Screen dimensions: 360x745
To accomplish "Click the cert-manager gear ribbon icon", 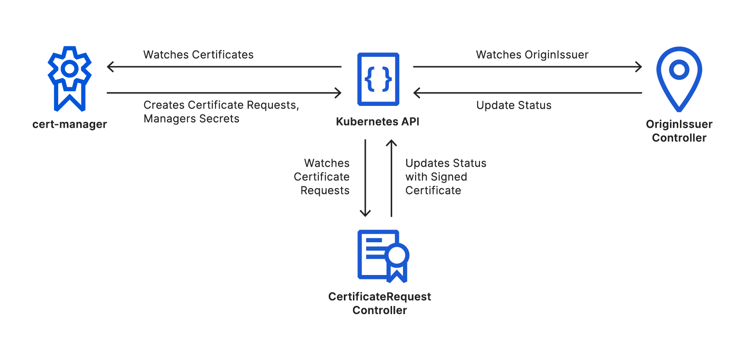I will click(70, 78).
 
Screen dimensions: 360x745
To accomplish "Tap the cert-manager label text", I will click(70, 124).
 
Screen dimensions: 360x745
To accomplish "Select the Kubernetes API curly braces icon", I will click(378, 79).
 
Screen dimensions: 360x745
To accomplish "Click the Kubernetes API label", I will click(378, 121).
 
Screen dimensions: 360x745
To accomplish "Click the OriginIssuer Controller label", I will click(679, 131).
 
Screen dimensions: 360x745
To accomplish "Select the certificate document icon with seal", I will click(382, 255).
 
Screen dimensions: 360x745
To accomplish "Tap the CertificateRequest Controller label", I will click(379, 303).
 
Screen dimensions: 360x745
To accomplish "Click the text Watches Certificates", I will click(198, 55).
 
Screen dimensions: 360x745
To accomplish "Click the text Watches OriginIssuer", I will click(532, 55).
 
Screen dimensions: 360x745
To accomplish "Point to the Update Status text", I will click(513, 105).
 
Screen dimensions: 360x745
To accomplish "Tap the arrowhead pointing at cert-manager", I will click(110, 67).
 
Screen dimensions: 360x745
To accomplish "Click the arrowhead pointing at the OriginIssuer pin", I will click(639, 67).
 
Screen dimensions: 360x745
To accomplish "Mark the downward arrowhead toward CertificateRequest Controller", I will click(365, 214).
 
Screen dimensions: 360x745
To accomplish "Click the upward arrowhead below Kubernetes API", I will click(391, 143).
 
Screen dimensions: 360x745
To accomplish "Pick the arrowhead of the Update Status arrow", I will click(416, 93).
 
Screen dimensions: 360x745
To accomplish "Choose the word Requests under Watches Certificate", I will click(325, 190).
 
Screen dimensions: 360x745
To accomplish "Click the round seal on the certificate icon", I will click(397, 255).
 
